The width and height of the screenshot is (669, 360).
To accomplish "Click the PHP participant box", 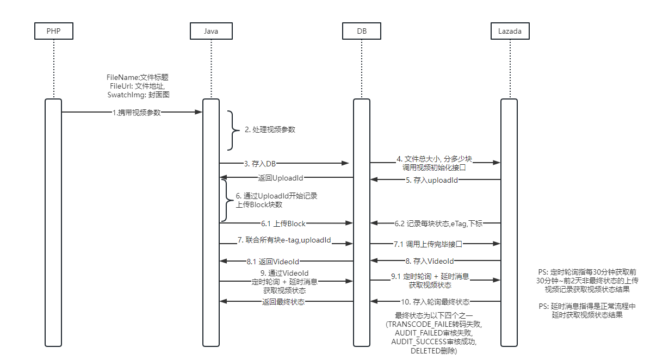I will click(x=53, y=31).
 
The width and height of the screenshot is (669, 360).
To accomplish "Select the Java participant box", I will click(x=211, y=31).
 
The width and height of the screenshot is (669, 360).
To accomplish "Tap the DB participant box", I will click(x=362, y=31).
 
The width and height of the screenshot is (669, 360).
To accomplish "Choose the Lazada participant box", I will click(x=510, y=31).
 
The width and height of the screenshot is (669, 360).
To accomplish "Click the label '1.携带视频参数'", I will click(x=137, y=113).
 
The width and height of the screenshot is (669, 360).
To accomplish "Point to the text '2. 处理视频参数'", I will click(x=270, y=130).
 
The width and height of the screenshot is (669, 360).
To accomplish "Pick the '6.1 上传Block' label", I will click(x=283, y=223).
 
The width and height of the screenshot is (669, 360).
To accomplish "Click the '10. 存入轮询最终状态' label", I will click(x=436, y=302).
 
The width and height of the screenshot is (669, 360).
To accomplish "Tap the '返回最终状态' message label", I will click(x=283, y=302).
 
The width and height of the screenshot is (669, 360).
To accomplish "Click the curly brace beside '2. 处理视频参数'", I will click(x=232, y=130).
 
